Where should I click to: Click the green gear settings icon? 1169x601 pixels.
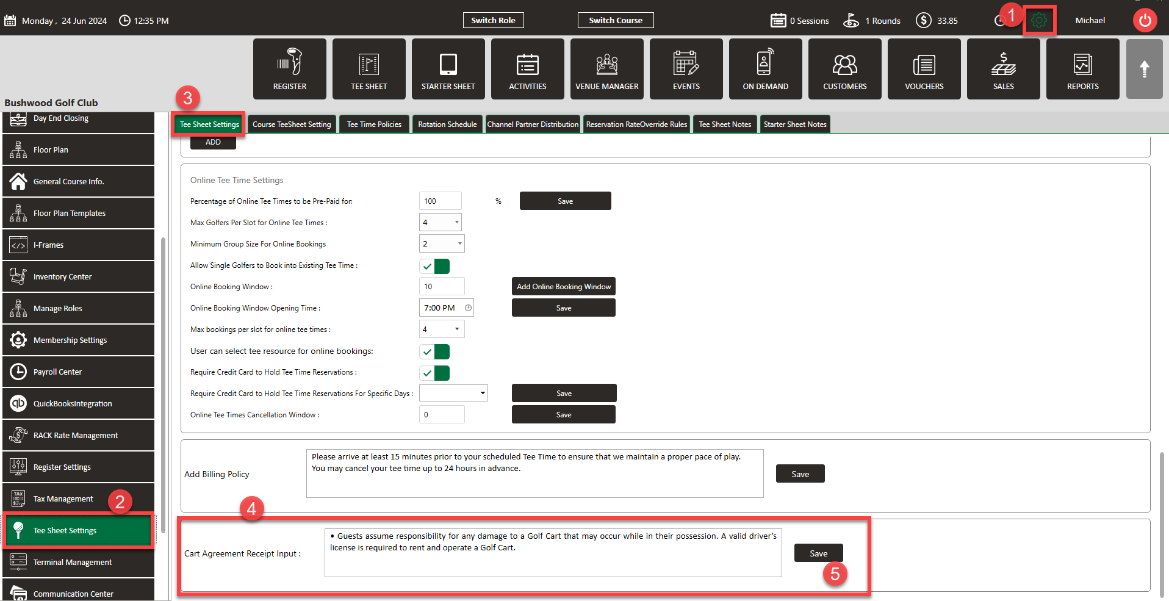pyautogui.click(x=1039, y=21)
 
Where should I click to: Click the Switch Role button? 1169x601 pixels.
pyautogui.click(x=493, y=20)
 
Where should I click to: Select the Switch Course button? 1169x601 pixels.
pyautogui.click(x=615, y=20)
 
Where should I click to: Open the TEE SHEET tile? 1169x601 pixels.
pyautogui.click(x=369, y=69)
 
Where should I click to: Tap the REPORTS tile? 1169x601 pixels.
pyautogui.click(x=1082, y=69)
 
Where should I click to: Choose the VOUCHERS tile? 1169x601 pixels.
pyautogui.click(x=924, y=69)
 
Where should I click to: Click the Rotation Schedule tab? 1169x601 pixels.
pyautogui.click(x=447, y=124)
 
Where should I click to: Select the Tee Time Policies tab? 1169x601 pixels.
pyautogui.click(x=374, y=124)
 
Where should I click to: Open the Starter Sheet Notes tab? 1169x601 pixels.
pyautogui.click(x=794, y=124)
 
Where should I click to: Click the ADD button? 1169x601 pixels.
pyautogui.click(x=213, y=142)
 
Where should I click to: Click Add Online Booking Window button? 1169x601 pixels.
pyautogui.click(x=563, y=287)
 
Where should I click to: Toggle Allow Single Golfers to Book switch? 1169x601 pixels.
pyautogui.click(x=434, y=266)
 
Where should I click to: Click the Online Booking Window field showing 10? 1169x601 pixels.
pyautogui.click(x=441, y=287)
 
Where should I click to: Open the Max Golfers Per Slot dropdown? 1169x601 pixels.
pyautogui.click(x=440, y=223)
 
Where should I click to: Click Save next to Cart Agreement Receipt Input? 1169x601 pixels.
pyautogui.click(x=818, y=553)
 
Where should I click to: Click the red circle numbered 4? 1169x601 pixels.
pyautogui.click(x=251, y=508)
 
